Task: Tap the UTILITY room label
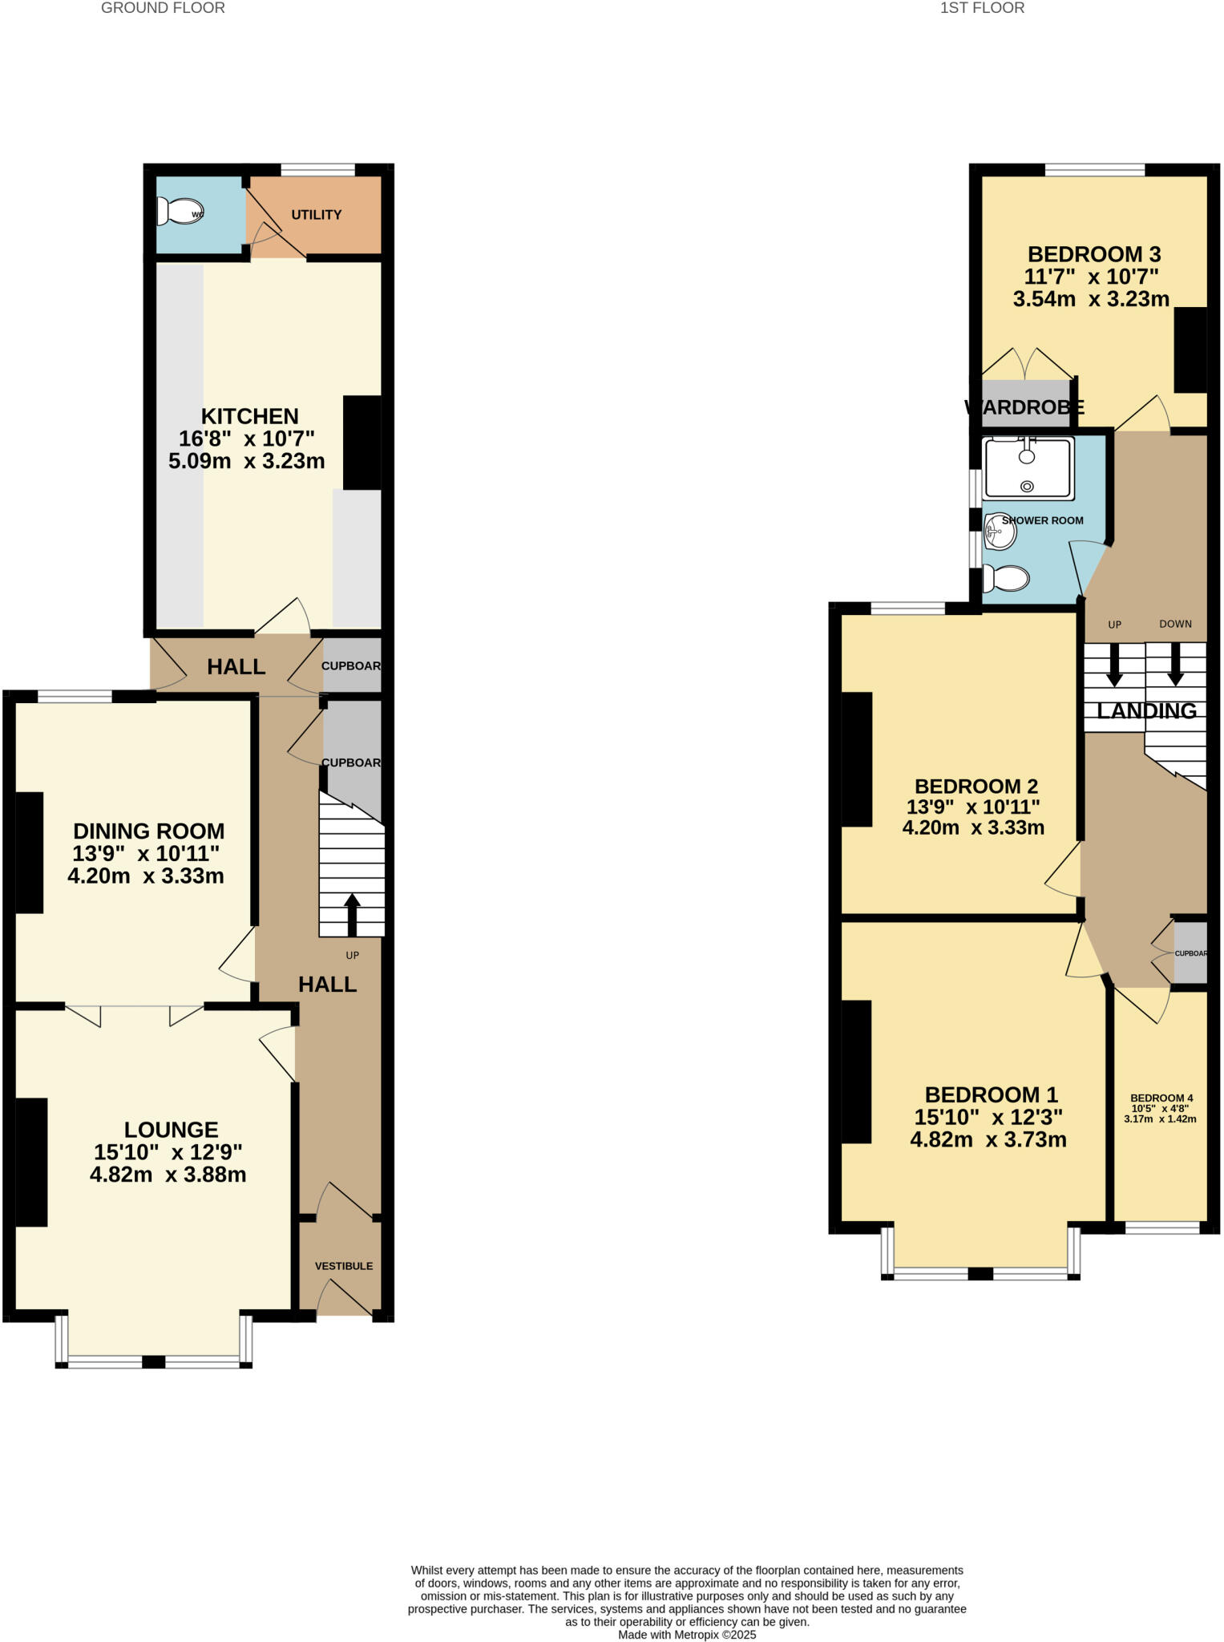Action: tap(316, 215)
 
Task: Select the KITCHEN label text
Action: tap(249, 416)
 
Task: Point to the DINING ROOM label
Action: tap(149, 831)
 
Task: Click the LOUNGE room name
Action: tap(171, 1130)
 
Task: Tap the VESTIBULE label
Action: tap(343, 1266)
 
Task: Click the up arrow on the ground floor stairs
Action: tap(352, 914)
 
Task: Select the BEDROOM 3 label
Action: tap(1094, 255)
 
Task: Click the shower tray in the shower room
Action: tap(1028, 468)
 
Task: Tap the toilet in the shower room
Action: tap(1006, 577)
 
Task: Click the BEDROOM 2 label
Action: tap(976, 787)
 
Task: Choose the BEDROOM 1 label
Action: tap(991, 1095)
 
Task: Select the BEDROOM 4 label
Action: tap(1161, 1098)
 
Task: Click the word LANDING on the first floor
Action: tap(1146, 711)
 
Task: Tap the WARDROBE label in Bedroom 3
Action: tap(1025, 407)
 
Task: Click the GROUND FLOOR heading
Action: tap(163, 8)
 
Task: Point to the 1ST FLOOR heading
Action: tap(982, 8)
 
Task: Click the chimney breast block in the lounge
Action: tap(31, 1162)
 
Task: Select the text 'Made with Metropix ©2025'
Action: tap(687, 1635)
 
